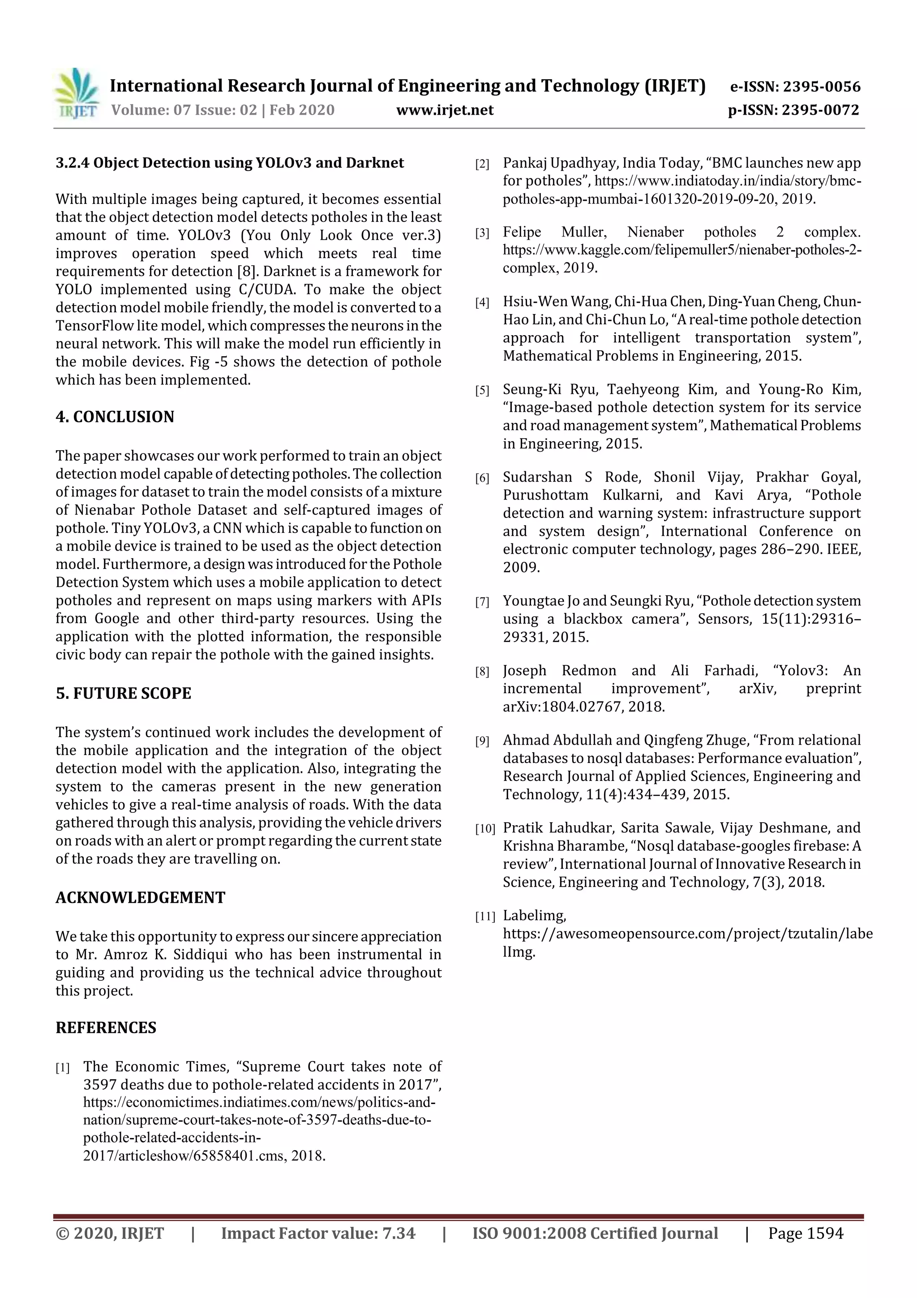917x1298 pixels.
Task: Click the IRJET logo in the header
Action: (76, 94)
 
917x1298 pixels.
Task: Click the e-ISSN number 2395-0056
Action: (821, 87)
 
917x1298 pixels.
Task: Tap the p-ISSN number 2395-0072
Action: (820, 110)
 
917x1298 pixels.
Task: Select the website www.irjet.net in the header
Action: (445, 110)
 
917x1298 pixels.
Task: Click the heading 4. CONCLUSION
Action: (115, 417)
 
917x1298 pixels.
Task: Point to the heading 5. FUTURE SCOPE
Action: (123, 693)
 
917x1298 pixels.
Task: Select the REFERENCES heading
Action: (106, 1027)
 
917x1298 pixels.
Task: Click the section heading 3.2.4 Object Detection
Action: (229, 163)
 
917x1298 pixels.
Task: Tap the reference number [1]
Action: (63, 1068)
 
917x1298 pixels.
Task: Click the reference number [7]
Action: (482, 602)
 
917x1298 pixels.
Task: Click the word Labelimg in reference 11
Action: (534, 915)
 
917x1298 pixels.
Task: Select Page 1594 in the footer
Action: (805, 1233)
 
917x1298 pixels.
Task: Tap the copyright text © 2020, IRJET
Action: (110, 1233)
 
